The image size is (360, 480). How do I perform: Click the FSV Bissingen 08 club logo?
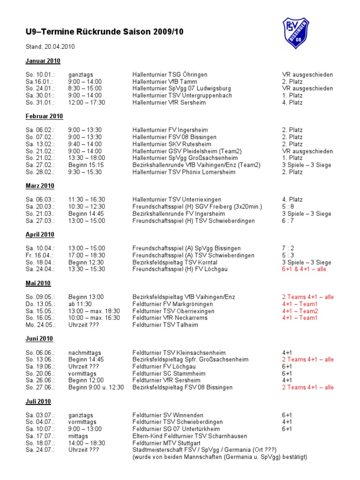click(x=296, y=32)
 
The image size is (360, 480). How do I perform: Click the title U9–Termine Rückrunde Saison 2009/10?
click(x=105, y=32)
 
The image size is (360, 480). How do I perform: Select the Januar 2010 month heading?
click(x=43, y=61)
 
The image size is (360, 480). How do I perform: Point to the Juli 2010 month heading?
click(x=38, y=402)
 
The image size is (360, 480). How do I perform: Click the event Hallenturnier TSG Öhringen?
click(x=170, y=75)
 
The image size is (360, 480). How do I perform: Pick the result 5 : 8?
click(x=288, y=207)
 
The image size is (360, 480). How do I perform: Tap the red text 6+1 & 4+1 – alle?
click(x=304, y=270)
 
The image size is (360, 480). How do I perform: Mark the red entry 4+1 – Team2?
click(x=300, y=311)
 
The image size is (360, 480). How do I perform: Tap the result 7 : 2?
click(x=288, y=248)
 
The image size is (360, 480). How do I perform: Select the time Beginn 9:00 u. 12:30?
click(x=96, y=388)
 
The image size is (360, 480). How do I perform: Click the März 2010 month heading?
click(x=40, y=186)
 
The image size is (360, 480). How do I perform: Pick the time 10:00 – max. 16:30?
click(x=94, y=318)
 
